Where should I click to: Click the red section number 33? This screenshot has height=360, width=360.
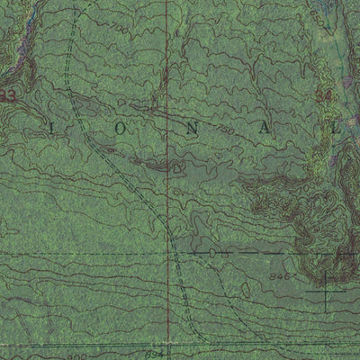pos(10,94)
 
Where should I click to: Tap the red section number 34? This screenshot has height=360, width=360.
pos(324,94)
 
